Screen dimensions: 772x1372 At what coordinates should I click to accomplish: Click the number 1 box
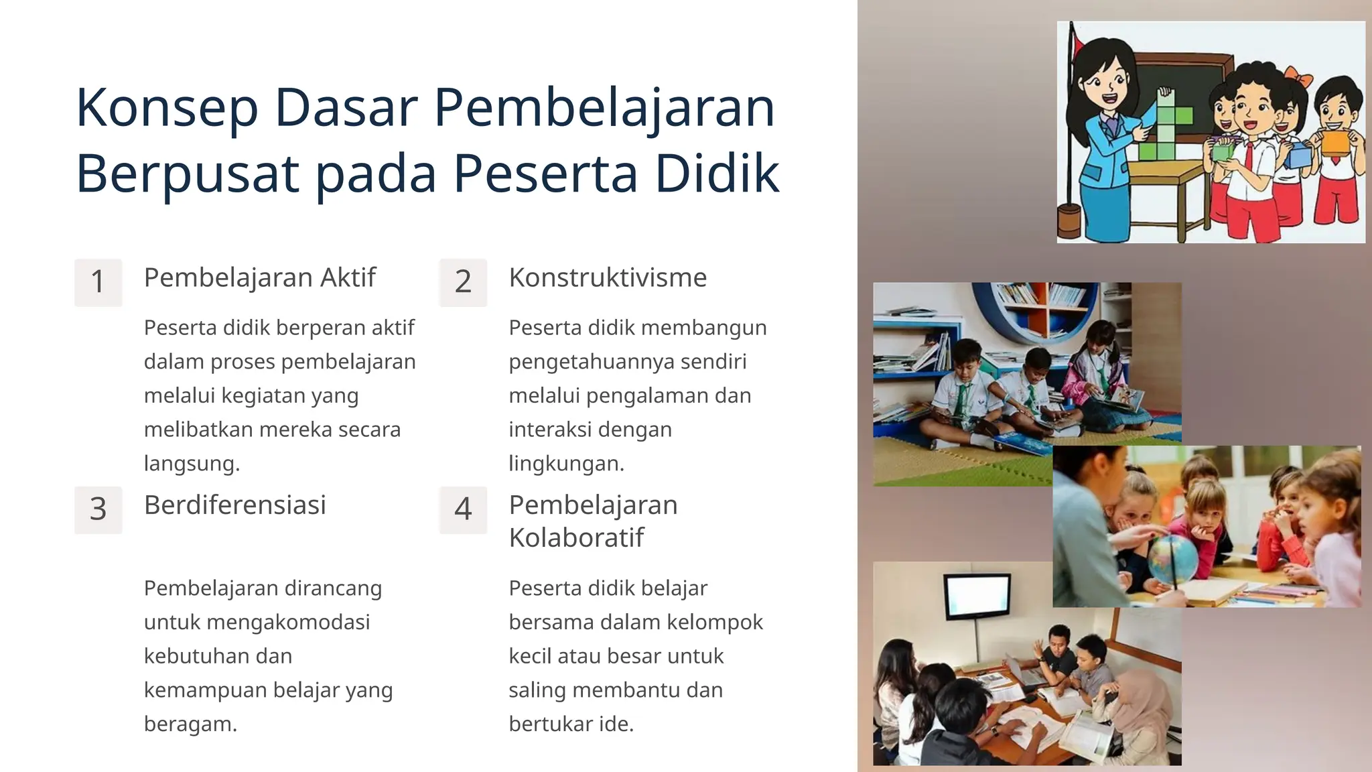pos(98,282)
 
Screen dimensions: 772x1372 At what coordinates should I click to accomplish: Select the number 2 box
pos(463,282)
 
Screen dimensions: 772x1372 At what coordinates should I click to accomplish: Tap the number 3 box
pos(98,509)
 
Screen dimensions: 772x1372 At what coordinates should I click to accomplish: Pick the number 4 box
pos(463,509)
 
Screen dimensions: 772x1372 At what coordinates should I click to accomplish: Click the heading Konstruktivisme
pos(608,277)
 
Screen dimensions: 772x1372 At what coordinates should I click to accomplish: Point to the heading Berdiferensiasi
pos(234,505)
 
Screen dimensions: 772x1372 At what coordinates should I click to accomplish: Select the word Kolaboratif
pos(576,537)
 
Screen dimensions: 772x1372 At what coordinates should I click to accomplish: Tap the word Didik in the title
pos(717,174)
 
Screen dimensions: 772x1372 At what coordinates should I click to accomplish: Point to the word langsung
pos(192,463)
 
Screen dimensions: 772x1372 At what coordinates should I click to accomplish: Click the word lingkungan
pos(566,463)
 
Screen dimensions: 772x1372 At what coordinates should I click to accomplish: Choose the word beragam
pos(190,724)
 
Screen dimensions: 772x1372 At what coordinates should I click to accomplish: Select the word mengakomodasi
pos(288,622)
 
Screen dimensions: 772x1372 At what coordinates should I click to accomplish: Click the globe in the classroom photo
pos(1172,559)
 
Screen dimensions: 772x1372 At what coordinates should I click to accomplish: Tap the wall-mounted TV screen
pos(977,596)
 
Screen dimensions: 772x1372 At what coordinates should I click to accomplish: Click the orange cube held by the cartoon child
pos(1334,143)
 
